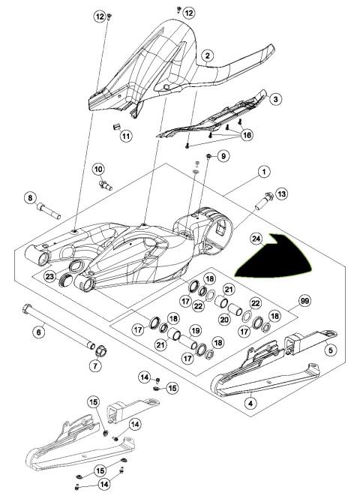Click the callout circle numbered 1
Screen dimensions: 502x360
(x=263, y=172)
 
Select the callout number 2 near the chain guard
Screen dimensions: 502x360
(x=208, y=56)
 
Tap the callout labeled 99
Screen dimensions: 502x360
(x=303, y=300)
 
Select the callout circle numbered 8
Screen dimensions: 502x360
(x=31, y=198)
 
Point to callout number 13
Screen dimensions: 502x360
(x=281, y=194)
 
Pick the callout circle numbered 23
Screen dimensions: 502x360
(x=49, y=277)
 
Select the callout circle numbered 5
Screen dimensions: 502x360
(x=328, y=349)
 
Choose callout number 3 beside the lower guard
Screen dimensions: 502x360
(x=275, y=99)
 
